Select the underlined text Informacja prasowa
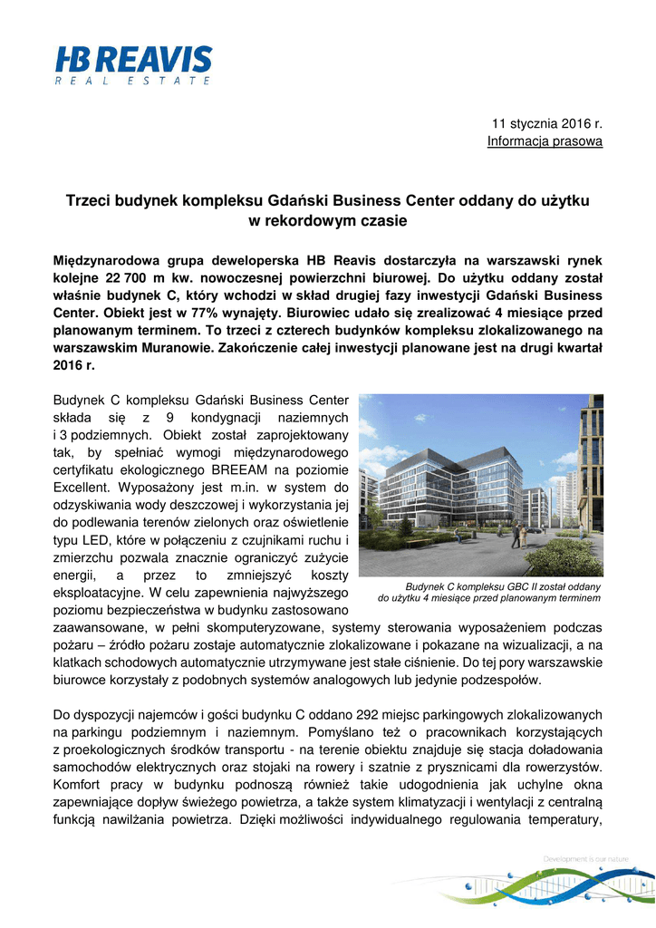(545, 140)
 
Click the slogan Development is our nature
(587, 858)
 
